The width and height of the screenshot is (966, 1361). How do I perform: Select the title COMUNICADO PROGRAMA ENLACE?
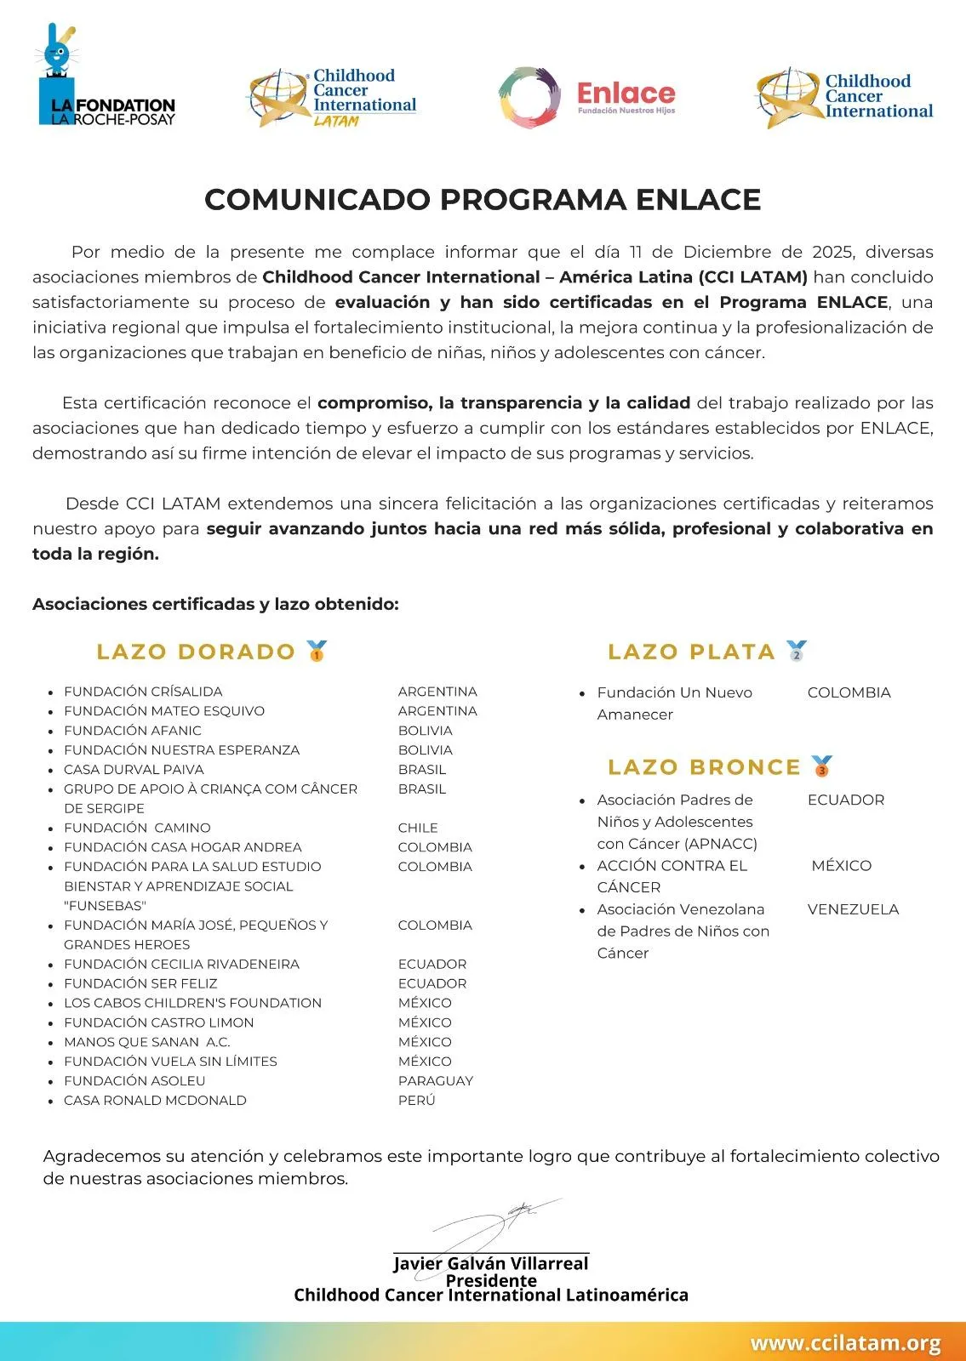tap(483, 200)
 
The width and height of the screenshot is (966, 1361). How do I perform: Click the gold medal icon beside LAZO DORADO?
tap(317, 652)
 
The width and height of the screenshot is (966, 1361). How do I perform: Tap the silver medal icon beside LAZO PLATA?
tap(796, 652)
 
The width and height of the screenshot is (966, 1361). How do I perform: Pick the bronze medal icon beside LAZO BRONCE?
tap(821, 766)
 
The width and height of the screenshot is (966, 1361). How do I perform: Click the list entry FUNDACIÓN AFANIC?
tap(133, 731)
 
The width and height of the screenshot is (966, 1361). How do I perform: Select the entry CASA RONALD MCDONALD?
tap(155, 1101)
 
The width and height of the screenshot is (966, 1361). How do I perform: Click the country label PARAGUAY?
tap(435, 1081)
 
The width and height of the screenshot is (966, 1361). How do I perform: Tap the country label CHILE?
tap(418, 828)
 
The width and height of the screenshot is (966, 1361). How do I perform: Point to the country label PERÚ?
tap(416, 1101)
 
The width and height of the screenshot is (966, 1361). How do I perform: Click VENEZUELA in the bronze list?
tap(853, 909)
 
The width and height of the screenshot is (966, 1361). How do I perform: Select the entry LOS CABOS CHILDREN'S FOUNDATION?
tap(192, 1003)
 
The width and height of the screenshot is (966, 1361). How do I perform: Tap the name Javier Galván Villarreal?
tap(491, 1264)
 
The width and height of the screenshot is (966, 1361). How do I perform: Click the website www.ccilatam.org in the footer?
tap(845, 1344)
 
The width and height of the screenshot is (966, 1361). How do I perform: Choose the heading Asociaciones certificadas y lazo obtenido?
tap(215, 605)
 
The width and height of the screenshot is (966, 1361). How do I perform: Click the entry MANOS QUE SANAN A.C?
tap(147, 1042)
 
